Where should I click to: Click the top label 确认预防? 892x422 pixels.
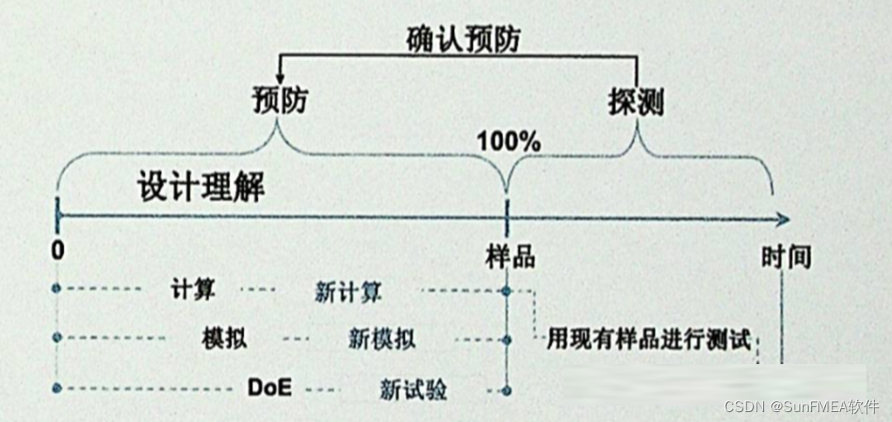[464, 39]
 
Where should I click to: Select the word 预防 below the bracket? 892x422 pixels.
[279, 102]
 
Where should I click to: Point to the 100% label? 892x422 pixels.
[509, 141]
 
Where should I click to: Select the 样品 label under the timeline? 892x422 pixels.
[510, 257]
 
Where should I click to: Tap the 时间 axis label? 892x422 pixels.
[785, 258]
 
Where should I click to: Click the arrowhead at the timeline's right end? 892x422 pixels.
[783, 219]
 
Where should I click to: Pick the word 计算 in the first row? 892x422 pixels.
[192, 291]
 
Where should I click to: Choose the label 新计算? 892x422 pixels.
[348, 292]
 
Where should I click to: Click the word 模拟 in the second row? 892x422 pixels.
[223, 339]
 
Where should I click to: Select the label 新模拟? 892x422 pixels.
[382, 339]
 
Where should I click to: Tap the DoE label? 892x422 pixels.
[269, 386]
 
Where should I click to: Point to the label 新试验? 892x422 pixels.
[413, 389]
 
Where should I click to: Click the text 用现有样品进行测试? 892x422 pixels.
[648, 339]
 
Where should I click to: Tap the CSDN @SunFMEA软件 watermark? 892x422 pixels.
[800, 407]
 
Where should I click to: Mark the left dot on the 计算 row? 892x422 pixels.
[56, 288]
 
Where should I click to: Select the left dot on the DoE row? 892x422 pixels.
[56, 386]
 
